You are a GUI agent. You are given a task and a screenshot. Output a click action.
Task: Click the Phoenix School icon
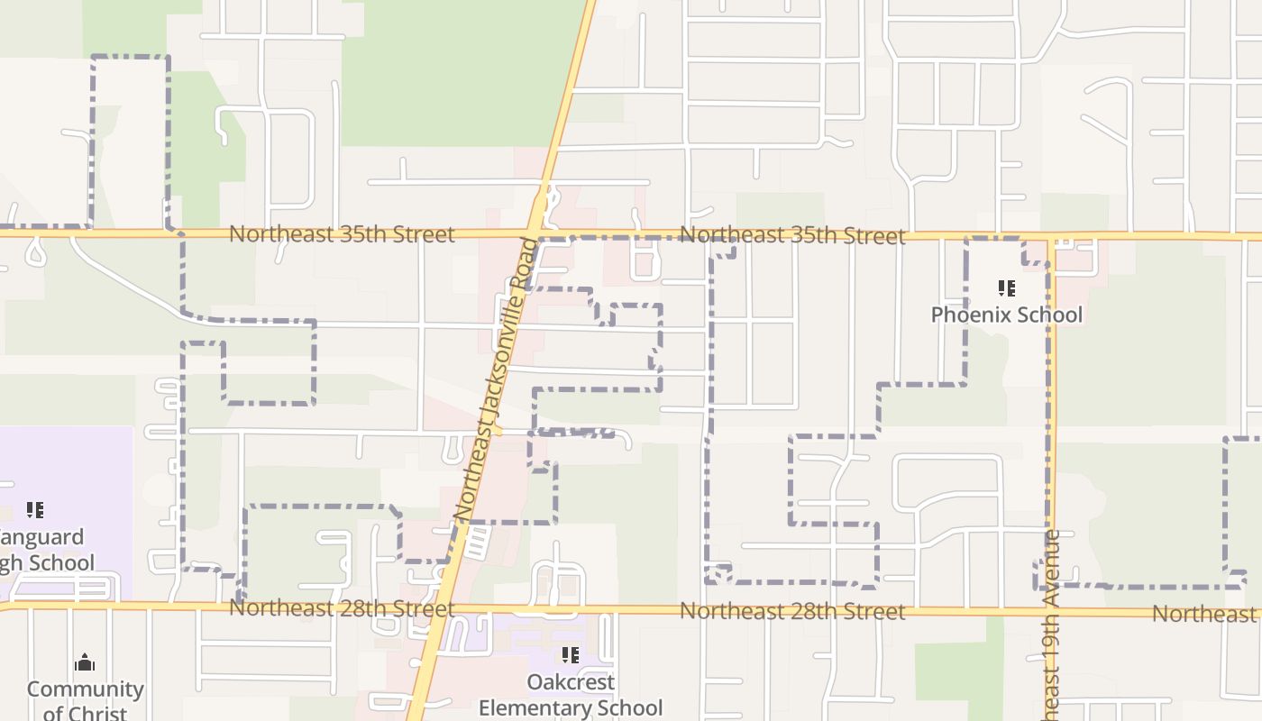click(x=1007, y=288)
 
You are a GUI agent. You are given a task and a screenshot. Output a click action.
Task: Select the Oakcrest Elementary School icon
click(x=570, y=655)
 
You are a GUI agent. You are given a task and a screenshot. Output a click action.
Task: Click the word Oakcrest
click(x=571, y=682)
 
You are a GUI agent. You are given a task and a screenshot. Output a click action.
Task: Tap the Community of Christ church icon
click(x=85, y=663)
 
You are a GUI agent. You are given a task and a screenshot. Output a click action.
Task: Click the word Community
click(x=85, y=689)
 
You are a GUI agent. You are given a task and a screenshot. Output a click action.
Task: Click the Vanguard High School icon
click(x=34, y=510)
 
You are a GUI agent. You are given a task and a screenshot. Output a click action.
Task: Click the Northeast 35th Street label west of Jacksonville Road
click(x=342, y=234)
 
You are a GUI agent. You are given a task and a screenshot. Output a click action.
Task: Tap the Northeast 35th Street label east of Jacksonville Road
click(x=792, y=236)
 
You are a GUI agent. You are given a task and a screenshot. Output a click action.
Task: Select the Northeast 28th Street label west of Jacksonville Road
click(x=342, y=608)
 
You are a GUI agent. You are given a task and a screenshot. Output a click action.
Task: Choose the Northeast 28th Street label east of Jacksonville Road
click(x=792, y=611)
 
